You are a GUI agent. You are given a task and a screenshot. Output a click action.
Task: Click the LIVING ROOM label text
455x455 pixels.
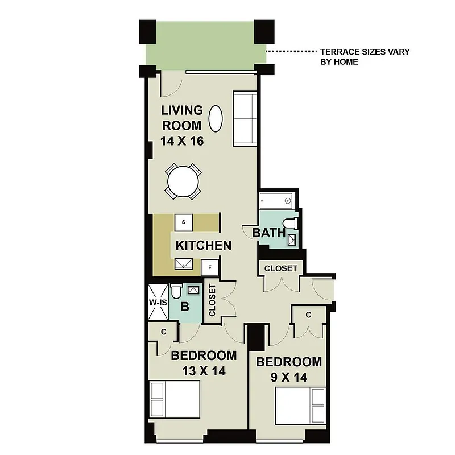[182, 117]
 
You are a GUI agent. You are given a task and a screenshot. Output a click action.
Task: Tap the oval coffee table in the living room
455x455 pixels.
[216, 118]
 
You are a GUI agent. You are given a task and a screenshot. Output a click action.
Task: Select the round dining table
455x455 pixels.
[183, 181]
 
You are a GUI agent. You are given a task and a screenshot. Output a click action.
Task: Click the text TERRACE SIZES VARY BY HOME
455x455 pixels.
[365, 56]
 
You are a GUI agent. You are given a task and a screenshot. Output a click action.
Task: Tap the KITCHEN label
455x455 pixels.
[203, 246]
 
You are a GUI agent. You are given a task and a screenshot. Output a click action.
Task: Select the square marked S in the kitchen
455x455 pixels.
[184, 222]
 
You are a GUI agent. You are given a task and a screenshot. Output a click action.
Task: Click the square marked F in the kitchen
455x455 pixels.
[210, 266]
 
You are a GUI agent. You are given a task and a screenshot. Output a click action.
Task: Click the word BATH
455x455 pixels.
[268, 233]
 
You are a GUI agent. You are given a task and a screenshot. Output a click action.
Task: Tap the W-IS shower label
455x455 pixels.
[158, 303]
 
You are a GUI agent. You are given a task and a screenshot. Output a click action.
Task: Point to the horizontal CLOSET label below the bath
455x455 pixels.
[281, 268]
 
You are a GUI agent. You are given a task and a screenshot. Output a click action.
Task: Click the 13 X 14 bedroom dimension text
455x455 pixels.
[204, 371]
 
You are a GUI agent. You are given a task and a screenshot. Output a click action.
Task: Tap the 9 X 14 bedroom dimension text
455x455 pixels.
[288, 377]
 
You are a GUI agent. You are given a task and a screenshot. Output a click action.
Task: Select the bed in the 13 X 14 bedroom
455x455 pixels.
[175, 399]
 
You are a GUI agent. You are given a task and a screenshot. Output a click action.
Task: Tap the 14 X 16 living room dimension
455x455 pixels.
[182, 140]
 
